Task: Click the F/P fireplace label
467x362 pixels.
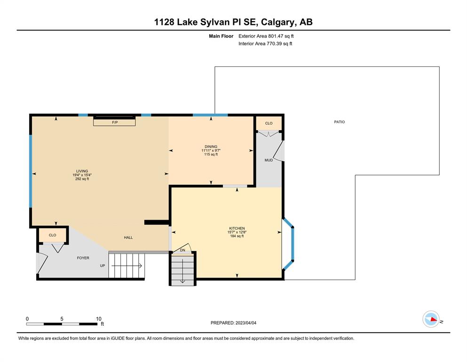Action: [x=115, y=123]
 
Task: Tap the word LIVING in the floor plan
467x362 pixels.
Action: [x=82, y=171]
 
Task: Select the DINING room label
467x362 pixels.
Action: [x=211, y=147]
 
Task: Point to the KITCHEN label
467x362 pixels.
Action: [x=237, y=228]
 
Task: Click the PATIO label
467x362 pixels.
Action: [x=339, y=122]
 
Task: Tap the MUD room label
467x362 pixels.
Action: [x=269, y=160]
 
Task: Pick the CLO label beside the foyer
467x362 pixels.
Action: [x=52, y=235]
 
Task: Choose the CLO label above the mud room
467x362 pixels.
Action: [x=269, y=123]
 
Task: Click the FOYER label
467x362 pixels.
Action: [x=83, y=258]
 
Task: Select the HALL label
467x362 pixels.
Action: [x=128, y=238]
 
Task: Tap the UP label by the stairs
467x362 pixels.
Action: [x=103, y=265]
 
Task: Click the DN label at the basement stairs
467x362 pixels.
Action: [x=182, y=250]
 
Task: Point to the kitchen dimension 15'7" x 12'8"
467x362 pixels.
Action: [x=237, y=232]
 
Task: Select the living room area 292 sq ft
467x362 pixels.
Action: [x=82, y=179]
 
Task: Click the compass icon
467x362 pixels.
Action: [x=431, y=319]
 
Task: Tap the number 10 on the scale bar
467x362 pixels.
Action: [x=99, y=319]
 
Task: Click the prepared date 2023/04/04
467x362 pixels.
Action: [x=245, y=323]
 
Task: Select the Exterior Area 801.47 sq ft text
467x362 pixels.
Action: [x=266, y=36]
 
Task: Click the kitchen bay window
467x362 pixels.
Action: [x=289, y=245]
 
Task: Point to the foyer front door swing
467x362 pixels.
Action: [x=42, y=263]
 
